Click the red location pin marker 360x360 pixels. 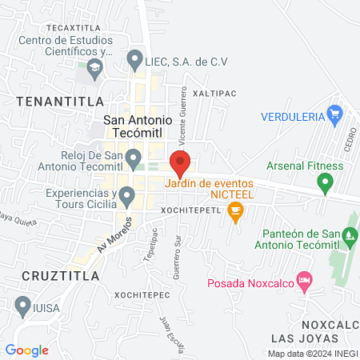[x=180, y=163]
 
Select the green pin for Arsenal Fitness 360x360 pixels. [x=325, y=185]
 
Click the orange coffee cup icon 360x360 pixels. [x=234, y=211]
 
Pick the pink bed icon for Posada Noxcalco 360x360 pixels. [x=303, y=282]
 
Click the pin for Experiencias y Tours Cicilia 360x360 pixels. [x=126, y=195]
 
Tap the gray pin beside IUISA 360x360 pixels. [x=22, y=305]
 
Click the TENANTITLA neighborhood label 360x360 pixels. [x=58, y=101]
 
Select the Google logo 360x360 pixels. [x=27, y=350]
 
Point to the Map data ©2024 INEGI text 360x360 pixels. [x=313, y=354]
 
